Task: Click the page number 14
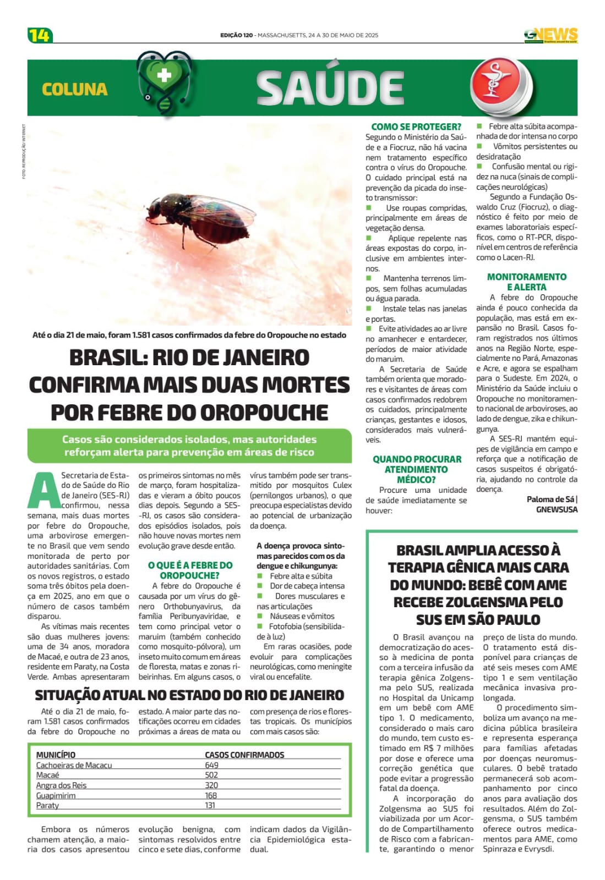pyautogui.click(x=39, y=35)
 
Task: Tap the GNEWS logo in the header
pyautogui.click(x=551, y=35)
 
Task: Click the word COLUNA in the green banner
pyautogui.click(x=74, y=89)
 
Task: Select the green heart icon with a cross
pyautogui.click(x=164, y=78)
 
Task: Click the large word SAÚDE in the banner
pyautogui.click(x=330, y=88)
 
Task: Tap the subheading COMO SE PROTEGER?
pyautogui.click(x=416, y=127)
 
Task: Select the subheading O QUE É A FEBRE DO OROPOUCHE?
pyautogui.click(x=190, y=570)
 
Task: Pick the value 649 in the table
pyautogui.click(x=211, y=765)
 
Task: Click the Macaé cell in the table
pyautogui.click(x=47, y=775)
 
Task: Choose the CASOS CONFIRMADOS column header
pyautogui.click(x=244, y=755)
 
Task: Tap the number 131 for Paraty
pyautogui.click(x=210, y=805)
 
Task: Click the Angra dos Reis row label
pyautogui.click(x=61, y=785)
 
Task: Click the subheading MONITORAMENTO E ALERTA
pyautogui.click(x=526, y=282)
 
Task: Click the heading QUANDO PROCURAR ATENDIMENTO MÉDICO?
pyautogui.click(x=417, y=469)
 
